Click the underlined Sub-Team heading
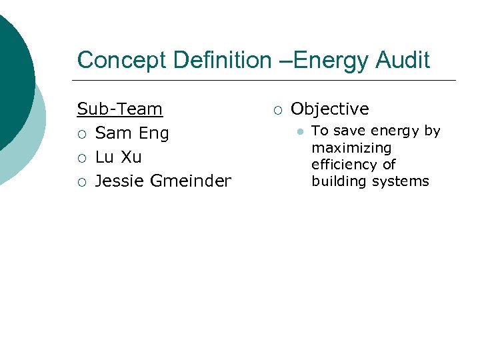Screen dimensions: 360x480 pyautogui.click(x=120, y=109)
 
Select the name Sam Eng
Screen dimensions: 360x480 pyautogui.click(x=132, y=133)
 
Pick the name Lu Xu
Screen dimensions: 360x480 pyautogui.click(x=119, y=157)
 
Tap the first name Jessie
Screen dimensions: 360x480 pyautogui.click(x=119, y=181)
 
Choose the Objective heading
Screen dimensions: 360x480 pyautogui.click(x=329, y=109)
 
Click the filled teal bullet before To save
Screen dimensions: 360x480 pyautogui.click(x=301, y=132)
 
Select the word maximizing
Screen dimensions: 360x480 pyautogui.click(x=351, y=147)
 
